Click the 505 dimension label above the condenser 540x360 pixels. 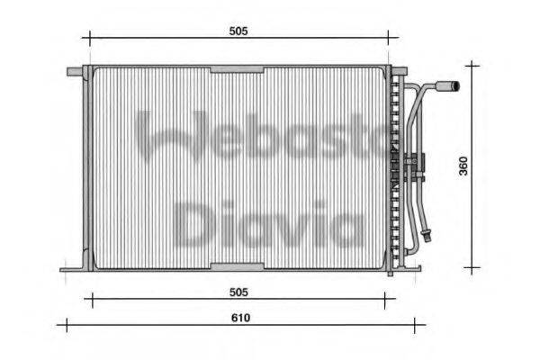coord(238,31)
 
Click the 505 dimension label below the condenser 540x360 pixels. coord(238,292)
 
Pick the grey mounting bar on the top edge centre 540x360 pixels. coord(237,69)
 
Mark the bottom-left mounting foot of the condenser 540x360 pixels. coord(72,267)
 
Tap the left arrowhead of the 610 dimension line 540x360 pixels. coord(61,325)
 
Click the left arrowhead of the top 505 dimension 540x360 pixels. coord(86,38)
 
